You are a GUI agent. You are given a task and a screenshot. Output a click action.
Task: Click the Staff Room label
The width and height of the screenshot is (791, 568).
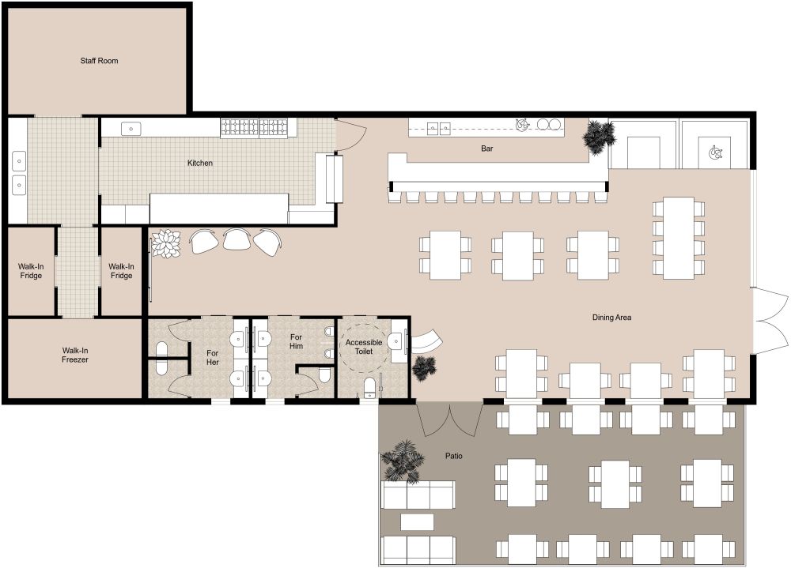99,61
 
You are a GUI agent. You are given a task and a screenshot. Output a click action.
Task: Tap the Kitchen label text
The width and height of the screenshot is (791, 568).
199,164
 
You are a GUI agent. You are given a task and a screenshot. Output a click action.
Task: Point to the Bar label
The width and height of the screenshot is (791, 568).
487,149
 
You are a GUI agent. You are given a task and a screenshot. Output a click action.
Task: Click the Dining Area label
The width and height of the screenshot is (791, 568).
611,318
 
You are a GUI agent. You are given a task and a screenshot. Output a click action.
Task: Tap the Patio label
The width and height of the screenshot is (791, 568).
453,457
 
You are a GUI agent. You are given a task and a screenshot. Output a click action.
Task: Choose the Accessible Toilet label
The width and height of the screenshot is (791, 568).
364,347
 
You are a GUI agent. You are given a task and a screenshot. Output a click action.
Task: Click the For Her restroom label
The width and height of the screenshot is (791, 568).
213,358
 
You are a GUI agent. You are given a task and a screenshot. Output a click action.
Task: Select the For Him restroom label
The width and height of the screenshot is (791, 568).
297,342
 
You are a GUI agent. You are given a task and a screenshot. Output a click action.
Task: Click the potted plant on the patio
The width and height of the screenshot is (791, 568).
403,463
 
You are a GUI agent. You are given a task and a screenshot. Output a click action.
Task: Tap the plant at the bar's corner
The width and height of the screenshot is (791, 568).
598,137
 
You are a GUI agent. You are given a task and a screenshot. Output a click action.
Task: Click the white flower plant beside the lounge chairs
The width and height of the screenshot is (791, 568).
166,243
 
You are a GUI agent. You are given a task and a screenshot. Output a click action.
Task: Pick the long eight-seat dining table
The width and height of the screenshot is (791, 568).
678,237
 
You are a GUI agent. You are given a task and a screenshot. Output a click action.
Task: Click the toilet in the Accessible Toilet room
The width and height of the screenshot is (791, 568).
369,386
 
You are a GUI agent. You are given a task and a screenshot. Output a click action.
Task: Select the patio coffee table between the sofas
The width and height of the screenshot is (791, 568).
417,522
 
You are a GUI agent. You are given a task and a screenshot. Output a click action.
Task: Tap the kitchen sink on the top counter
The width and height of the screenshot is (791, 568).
131,127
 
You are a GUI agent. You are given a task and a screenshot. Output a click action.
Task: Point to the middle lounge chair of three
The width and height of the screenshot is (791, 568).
237,239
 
